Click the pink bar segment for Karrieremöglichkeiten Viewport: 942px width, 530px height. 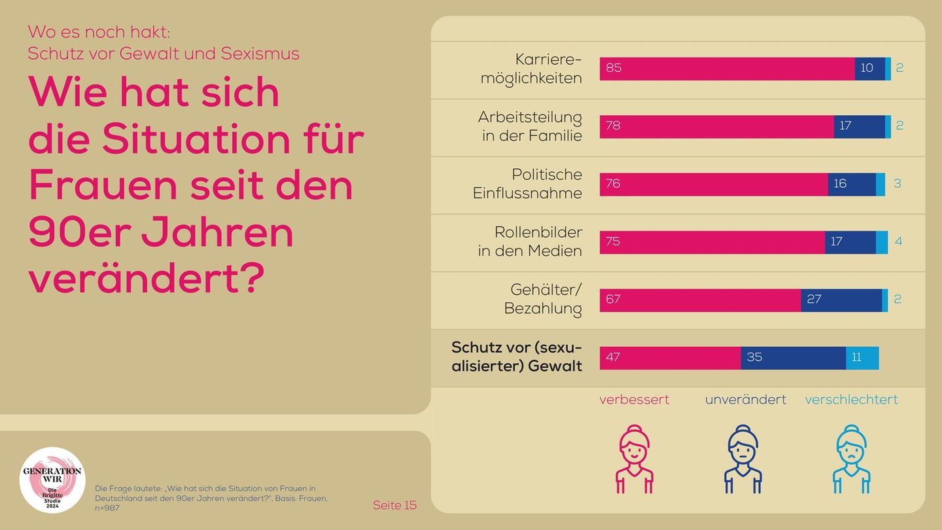727,69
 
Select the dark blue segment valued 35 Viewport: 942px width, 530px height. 793,358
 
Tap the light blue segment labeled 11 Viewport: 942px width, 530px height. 862,358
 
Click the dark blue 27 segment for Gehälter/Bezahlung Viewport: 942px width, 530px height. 841,300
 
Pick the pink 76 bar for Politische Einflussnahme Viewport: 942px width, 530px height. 714,185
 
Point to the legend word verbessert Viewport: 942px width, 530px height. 634,400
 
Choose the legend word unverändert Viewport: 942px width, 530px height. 745,400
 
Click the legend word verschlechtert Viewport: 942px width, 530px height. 851,400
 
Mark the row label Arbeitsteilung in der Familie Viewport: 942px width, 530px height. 530,126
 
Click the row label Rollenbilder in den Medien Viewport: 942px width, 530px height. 530,242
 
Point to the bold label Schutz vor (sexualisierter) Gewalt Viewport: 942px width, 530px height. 517,357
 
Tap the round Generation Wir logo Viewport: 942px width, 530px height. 52,480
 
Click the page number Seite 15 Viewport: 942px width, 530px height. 394,505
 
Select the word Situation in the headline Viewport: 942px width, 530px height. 196,139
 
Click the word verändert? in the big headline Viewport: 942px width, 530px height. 146,278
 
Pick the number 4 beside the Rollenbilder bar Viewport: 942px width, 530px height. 898,241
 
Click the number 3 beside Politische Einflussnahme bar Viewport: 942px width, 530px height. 898,184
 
